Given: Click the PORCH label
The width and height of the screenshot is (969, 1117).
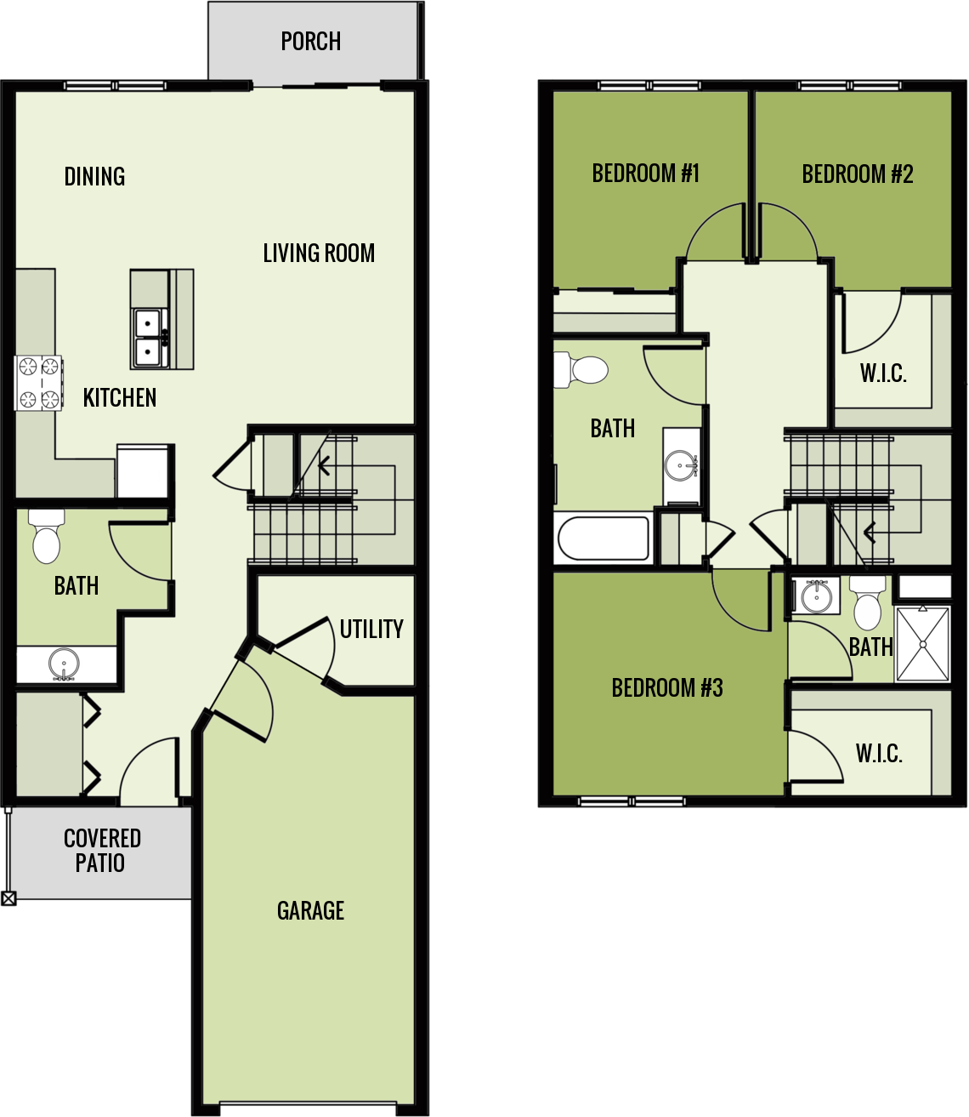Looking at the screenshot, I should [311, 41].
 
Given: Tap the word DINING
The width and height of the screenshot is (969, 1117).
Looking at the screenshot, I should [94, 176].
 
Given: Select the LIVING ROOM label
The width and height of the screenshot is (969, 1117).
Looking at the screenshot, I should [319, 253].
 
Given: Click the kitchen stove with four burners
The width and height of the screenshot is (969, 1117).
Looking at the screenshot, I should [39, 382].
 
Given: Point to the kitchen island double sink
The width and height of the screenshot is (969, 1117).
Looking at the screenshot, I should [150, 337].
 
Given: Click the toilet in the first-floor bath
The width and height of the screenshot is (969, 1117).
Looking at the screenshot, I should [46, 538].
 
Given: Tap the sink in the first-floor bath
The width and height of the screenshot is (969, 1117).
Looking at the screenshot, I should [64, 664].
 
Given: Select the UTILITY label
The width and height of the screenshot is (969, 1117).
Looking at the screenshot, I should [371, 629].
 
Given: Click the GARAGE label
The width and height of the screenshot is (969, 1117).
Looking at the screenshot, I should [311, 910].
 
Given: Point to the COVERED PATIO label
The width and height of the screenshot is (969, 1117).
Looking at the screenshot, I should [101, 851].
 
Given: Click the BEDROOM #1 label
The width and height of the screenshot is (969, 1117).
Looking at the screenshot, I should [646, 174].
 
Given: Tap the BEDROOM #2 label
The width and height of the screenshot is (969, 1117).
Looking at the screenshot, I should [858, 174].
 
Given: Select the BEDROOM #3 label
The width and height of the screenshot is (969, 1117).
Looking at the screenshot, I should [667, 687].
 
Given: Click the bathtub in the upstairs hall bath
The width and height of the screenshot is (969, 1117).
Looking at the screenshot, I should [603, 539].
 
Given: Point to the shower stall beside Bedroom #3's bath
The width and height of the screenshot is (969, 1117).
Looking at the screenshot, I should [922, 643].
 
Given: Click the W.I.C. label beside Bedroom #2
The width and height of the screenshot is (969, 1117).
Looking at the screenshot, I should [883, 373].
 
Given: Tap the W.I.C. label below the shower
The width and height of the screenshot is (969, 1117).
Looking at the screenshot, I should [879, 753].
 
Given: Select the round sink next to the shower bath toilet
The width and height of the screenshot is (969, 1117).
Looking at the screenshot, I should [816, 595].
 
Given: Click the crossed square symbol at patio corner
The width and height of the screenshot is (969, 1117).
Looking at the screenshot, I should [8, 898].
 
